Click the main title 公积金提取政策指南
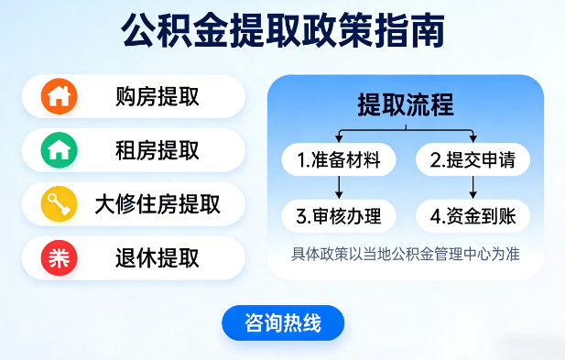pos(282,29)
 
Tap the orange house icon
pos(60,95)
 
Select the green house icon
pos(60,149)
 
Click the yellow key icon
pos(60,203)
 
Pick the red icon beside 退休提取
pos(60,257)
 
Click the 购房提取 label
pos(158,95)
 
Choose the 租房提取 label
pos(158,149)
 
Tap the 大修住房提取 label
pos(158,203)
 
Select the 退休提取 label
pos(158,257)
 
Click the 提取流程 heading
pos(406,104)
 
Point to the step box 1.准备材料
pos(339,160)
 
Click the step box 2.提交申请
pos(473,160)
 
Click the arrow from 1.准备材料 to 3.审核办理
pos(339,188)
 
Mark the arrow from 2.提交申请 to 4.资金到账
pos(473,188)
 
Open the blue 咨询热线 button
pos(283,322)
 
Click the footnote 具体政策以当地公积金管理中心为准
pos(406,254)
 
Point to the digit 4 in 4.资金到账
pos(435,217)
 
